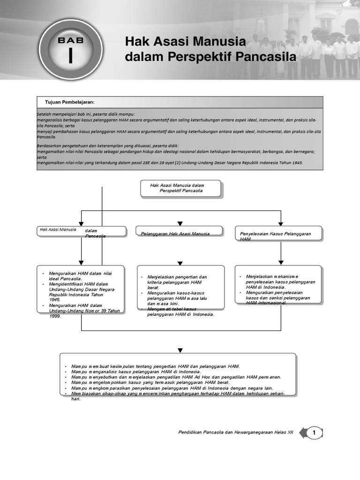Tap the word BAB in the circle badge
(x=70, y=40)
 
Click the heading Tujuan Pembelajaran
(x=70, y=102)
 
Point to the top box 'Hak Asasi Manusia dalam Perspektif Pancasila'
(x=180, y=188)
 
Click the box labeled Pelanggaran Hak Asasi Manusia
(x=180, y=232)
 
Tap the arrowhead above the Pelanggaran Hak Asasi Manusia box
(x=180, y=224)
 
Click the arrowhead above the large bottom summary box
(x=180, y=350)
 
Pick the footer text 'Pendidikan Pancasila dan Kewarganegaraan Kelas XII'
(x=235, y=433)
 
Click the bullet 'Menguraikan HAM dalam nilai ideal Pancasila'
(x=80, y=276)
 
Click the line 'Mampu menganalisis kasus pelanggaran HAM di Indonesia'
(x=136, y=371)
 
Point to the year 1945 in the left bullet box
(x=55, y=300)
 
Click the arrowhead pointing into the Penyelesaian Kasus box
(x=281, y=224)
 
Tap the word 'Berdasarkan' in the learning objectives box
(x=48, y=146)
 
